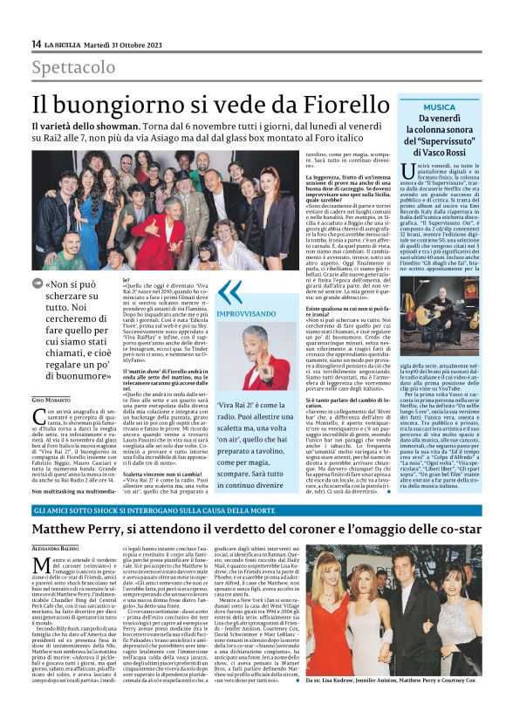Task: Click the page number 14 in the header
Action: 36,44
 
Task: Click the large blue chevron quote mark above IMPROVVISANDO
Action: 229,291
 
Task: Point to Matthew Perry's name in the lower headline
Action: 100,531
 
